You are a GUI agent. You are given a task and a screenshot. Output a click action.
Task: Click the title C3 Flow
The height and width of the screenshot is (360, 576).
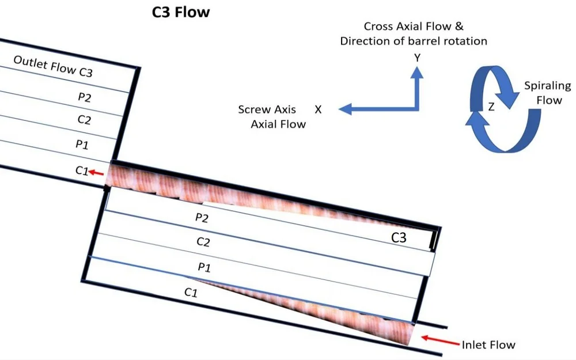(x=181, y=12)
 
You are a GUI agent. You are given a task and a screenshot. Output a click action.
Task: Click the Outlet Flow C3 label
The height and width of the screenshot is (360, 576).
(x=52, y=67)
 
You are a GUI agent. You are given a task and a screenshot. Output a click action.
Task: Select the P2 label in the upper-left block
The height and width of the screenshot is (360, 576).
(x=84, y=97)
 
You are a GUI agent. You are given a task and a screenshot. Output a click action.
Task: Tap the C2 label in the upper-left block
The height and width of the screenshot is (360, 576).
(x=83, y=120)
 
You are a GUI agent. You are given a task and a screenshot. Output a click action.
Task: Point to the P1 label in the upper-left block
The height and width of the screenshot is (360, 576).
(x=82, y=143)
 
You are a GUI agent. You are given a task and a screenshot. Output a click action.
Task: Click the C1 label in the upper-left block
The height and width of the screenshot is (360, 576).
(x=81, y=170)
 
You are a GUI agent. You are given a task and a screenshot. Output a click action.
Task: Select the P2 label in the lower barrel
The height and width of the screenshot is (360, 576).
(x=202, y=217)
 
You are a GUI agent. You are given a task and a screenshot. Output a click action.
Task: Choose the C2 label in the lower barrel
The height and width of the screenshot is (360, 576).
(x=202, y=242)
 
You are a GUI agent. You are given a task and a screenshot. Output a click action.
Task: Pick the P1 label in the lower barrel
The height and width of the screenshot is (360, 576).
(x=204, y=267)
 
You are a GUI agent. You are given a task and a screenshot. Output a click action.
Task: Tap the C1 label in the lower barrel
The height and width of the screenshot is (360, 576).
(x=191, y=293)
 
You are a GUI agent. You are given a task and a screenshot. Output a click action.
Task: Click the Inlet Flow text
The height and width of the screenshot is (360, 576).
(x=488, y=344)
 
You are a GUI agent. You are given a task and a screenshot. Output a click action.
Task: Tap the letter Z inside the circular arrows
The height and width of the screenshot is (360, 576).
(x=491, y=107)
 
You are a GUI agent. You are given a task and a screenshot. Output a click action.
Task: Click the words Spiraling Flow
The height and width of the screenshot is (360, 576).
(x=547, y=93)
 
